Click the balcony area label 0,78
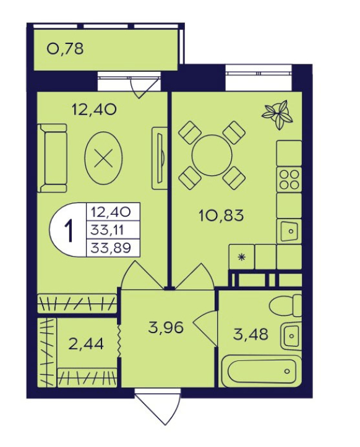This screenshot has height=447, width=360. click(65, 49)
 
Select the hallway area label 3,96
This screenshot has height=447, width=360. click(166, 328)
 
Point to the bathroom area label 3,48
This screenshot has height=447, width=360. click(251, 334)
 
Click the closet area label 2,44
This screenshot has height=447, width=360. click(87, 344)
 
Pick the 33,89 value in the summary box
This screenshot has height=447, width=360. click(111, 248)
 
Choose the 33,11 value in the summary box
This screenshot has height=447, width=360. click(107, 230)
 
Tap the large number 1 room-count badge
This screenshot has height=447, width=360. click(69, 230)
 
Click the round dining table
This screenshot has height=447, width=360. click(212, 155)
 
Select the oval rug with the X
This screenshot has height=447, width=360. click(104, 158)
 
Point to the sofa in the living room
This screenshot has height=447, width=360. click(52, 158)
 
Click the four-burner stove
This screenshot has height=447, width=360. click(289, 180)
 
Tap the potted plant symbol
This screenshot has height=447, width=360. click(277, 115)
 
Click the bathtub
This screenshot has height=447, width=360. click(262, 371)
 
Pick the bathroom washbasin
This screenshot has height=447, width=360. click(291, 336)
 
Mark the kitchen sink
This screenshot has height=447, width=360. click(289, 231)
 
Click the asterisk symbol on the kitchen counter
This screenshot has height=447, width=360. click(241, 258)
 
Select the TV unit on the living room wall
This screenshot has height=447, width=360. click(159, 158)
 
